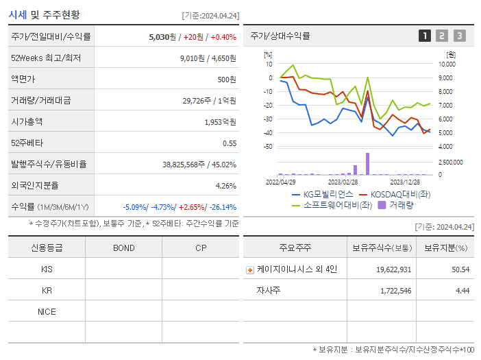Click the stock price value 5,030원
coord(163,37)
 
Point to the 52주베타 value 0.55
coord(230,143)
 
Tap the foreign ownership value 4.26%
coord(225,186)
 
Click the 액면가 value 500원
coord(227,80)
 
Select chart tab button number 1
coord(425,36)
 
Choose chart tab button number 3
coord(459,36)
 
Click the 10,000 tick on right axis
coord(446,64)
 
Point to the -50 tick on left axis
coord(268,147)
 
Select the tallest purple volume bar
coord(367,163)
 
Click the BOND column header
coord(123,248)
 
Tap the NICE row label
coord(47,312)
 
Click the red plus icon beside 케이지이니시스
coord(249,269)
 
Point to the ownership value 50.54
coord(460,269)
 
